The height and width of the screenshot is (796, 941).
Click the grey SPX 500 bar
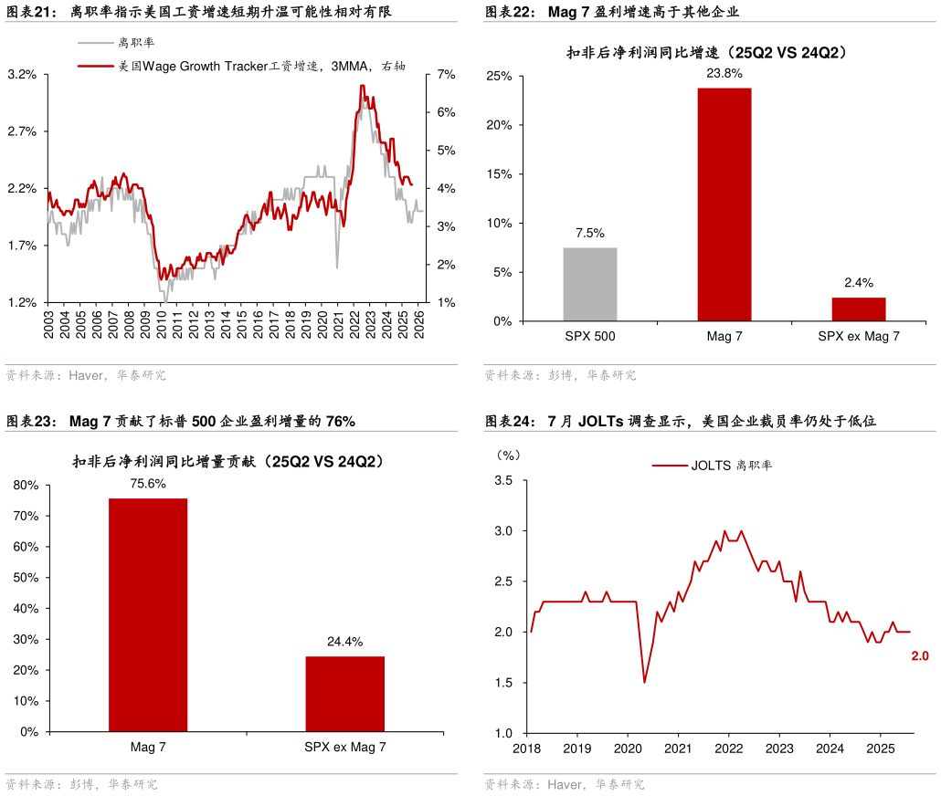pyautogui.click(x=589, y=284)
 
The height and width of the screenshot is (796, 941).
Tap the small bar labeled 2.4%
pyautogui.click(x=858, y=309)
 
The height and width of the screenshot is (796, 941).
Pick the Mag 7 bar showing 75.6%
pyautogui.click(x=148, y=614)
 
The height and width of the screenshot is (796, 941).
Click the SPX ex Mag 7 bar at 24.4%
pyautogui.click(x=344, y=694)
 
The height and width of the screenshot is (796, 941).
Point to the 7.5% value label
pyautogui.click(x=590, y=234)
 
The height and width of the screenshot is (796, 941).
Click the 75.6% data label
pyautogui.click(x=148, y=484)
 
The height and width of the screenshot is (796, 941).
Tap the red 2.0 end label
pyautogui.click(x=920, y=655)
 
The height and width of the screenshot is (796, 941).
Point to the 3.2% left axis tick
pyautogui.click(x=22, y=74)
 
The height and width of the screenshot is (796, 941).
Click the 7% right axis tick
pyautogui.click(x=446, y=74)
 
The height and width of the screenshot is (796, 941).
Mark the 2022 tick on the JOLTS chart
pyautogui.click(x=728, y=749)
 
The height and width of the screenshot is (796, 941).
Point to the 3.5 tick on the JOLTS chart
pyautogui.click(x=503, y=480)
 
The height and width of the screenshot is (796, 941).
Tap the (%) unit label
pyautogui.click(x=506, y=454)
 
